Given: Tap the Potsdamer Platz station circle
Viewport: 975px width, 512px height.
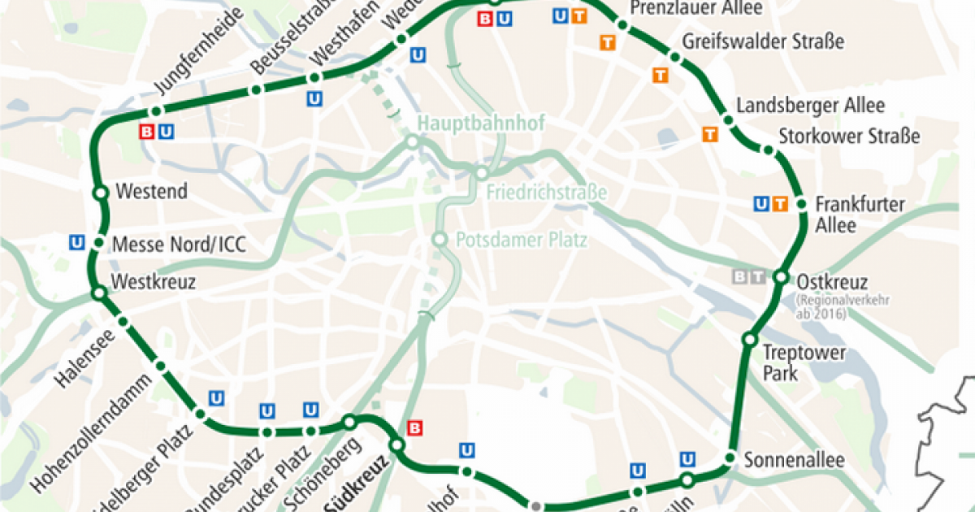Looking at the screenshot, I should (440, 240).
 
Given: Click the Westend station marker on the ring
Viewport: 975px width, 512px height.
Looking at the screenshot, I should (101, 193).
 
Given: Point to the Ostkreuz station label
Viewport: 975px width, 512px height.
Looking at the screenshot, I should (832, 282).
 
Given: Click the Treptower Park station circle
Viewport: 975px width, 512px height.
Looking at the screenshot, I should (750, 338).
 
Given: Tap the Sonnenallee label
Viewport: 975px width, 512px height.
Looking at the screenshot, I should (795, 459).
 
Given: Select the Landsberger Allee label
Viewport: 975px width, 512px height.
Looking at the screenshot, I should (810, 106).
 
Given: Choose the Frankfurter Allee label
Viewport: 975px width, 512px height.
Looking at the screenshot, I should (860, 214).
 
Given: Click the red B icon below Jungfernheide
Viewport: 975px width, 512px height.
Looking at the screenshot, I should (147, 131).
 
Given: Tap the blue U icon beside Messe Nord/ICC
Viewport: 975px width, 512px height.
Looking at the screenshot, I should (78, 241).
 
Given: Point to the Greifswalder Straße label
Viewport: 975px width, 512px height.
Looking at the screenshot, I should (763, 41).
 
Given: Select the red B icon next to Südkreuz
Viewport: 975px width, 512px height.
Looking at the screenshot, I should (414, 427).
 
